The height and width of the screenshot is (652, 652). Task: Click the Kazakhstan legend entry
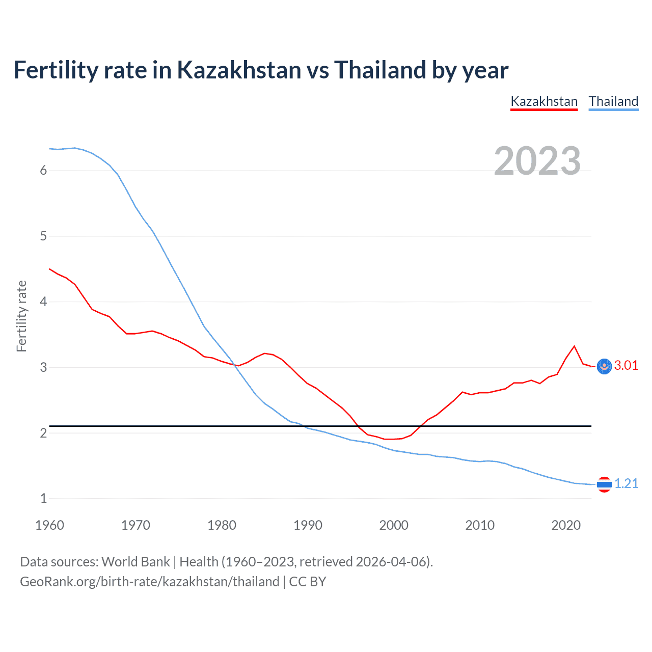[544, 101]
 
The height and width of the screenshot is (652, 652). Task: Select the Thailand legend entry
[613, 101]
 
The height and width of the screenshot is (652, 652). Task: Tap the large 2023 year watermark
[537, 161]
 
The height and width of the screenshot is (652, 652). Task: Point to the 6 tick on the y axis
[43, 171]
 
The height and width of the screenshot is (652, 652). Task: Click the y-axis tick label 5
[43, 236]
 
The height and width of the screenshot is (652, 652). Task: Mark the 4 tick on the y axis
[43, 302]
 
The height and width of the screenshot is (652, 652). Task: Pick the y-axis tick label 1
[43, 499]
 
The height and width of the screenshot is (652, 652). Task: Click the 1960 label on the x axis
[49, 525]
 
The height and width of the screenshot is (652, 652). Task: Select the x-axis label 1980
[222, 525]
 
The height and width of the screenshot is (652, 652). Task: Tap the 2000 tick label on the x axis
[394, 525]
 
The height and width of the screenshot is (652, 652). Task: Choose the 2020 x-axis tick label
[566, 525]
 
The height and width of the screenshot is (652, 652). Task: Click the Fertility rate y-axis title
[21, 316]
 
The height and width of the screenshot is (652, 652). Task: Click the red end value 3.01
[626, 366]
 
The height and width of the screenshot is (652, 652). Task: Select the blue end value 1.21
[626, 484]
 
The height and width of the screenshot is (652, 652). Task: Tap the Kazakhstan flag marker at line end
[604, 366]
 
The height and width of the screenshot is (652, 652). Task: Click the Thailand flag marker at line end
[604, 484]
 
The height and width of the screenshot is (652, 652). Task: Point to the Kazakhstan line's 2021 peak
[575, 346]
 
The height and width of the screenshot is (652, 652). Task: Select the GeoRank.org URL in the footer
[150, 582]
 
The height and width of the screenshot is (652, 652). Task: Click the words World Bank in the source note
[135, 562]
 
